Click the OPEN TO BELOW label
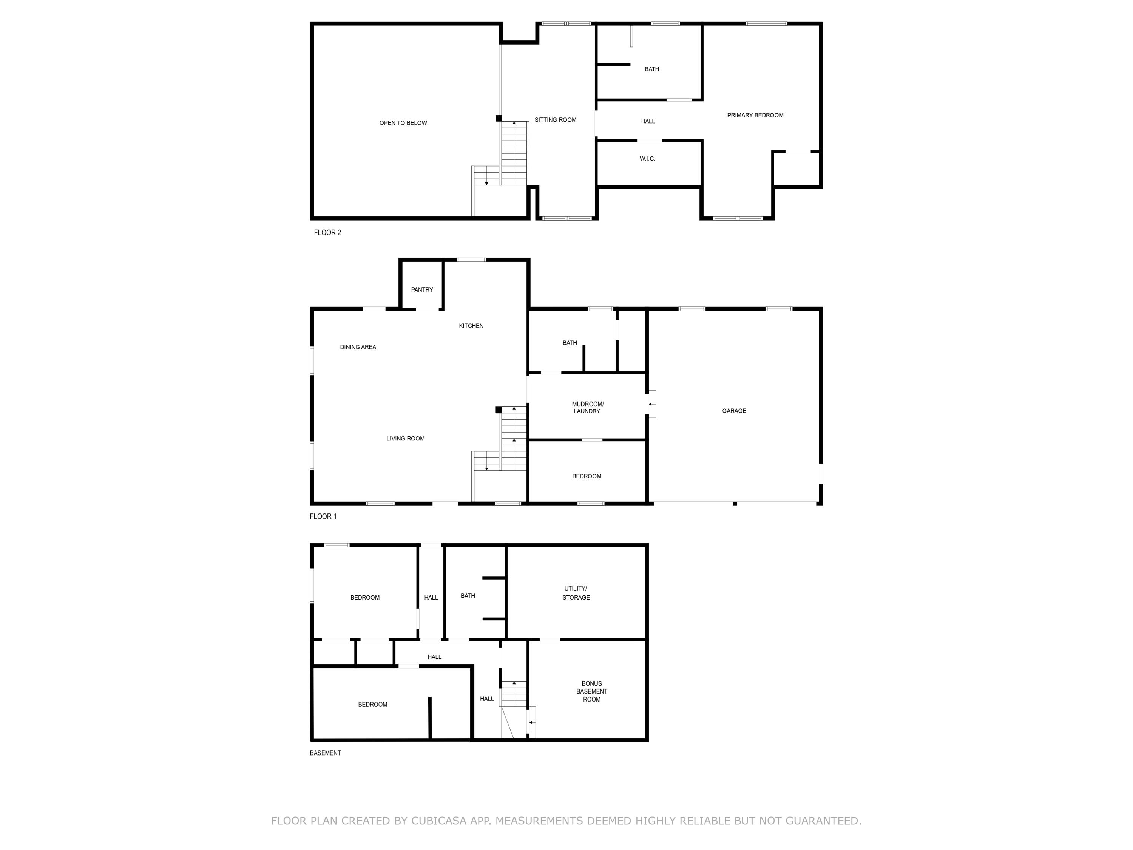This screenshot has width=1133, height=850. pyautogui.click(x=403, y=123)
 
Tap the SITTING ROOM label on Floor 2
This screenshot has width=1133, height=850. pyautogui.click(x=555, y=120)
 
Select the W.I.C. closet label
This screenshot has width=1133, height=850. pyautogui.click(x=647, y=159)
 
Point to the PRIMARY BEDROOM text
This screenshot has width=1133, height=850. pyautogui.click(x=755, y=115)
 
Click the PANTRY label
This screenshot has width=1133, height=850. pyautogui.click(x=421, y=290)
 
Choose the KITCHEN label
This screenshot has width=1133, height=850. pyautogui.click(x=471, y=326)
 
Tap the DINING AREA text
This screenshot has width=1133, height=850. pyautogui.click(x=358, y=348)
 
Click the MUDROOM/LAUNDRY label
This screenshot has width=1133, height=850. pyautogui.click(x=587, y=408)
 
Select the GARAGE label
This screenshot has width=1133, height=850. pyautogui.click(x=733, y=411)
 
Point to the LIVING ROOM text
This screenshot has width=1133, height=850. pyautogui.click(x=405, y=439)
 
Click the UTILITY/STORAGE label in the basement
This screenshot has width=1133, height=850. pyautogui.click(x=576, y=593)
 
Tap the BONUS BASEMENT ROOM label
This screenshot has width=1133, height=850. pyautogui.click(x=591, y=691)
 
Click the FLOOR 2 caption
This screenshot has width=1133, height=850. pyautogui.click(x=327, y=233)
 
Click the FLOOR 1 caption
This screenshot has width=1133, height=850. pyautogui.click(x=323, y=516)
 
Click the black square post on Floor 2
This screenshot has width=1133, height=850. pyautogui.click(x=499, y=118)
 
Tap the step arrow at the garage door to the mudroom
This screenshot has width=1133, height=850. pyautogui.click(x=650, y=404)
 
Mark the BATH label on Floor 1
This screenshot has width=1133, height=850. pyautogui.click(x=570, y=343)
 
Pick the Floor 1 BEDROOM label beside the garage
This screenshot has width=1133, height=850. pyautogui.click(x=587, y=476)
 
